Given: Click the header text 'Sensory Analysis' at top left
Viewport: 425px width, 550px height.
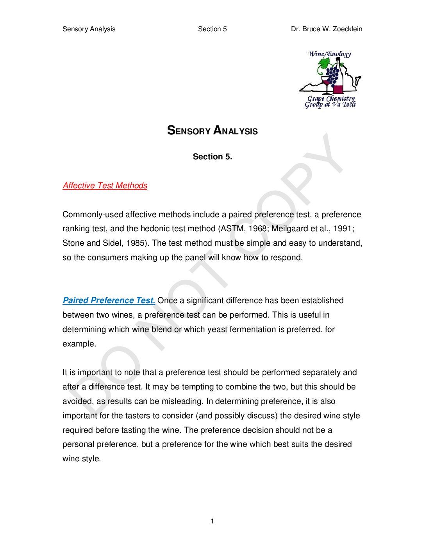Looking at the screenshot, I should click(89, 29).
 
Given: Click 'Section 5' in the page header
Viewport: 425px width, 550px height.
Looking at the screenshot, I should click(212, 29).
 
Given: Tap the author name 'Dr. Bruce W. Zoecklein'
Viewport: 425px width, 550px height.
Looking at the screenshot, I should click(326, 29).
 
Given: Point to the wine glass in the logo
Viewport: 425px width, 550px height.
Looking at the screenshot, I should click(325, 84).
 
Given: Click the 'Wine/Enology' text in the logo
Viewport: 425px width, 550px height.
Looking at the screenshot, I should click(329, 54).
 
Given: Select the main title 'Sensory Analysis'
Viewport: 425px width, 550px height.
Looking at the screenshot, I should click(212, 130).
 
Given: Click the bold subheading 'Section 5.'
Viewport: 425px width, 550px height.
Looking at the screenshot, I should click(212, 157).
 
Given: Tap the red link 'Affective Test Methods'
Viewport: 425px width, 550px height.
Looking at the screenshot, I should click(105, 186).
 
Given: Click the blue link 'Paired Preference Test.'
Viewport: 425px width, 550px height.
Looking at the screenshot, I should click(109, 300).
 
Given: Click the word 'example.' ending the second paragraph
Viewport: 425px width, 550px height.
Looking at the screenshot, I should click(79, 344).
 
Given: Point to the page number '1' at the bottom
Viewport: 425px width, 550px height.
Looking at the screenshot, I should click(212, 521).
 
